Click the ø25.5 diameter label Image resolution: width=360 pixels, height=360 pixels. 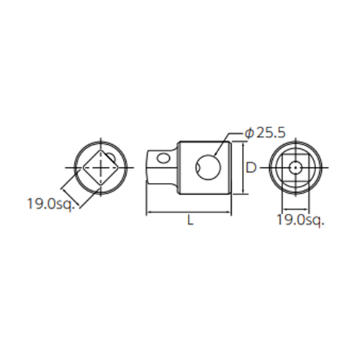point(265,132)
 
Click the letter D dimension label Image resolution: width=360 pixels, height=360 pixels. point(251,168)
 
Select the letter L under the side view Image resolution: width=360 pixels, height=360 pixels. point(190,220)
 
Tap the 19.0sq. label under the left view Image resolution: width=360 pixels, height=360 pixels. point(51,204)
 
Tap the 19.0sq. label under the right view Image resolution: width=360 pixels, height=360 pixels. point(300,220)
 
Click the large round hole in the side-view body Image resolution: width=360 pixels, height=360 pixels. point(208,167)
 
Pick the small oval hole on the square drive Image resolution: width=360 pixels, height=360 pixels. point(163,158)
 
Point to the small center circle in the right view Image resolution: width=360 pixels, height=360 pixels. point(295,168)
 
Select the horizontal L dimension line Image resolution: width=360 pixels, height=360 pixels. point(189,212)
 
